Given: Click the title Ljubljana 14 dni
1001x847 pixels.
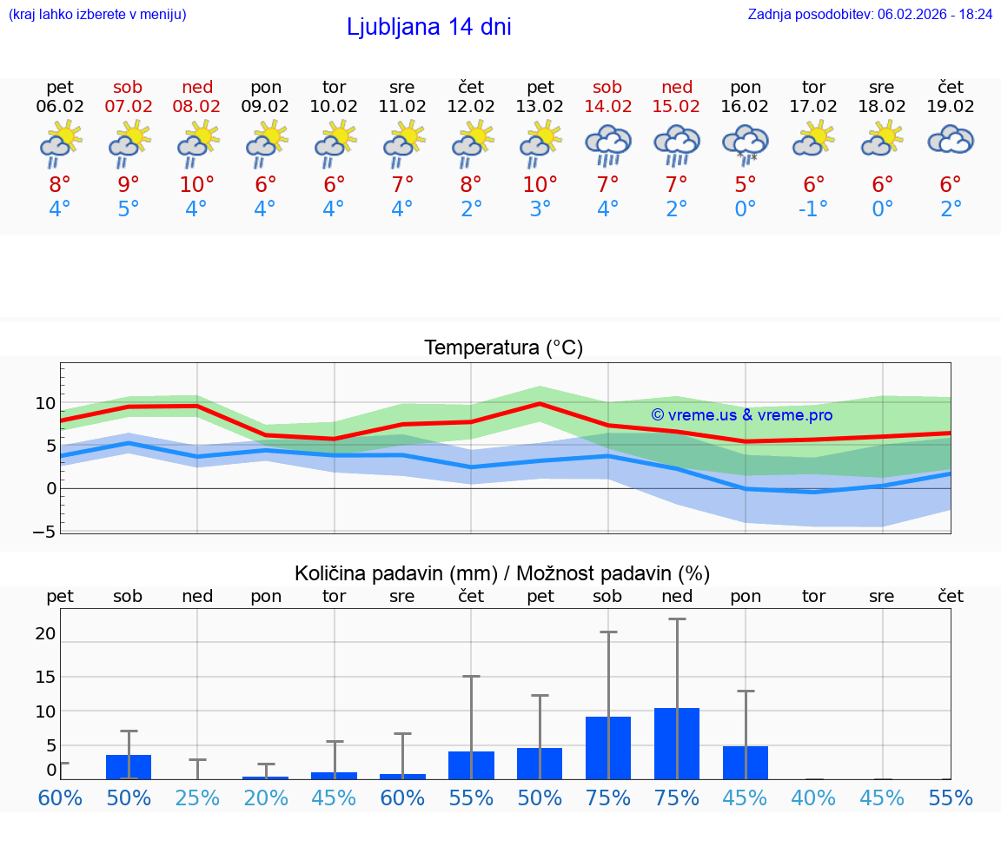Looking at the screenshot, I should coord(428,27).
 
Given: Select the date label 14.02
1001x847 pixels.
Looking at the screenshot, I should coord(607,106).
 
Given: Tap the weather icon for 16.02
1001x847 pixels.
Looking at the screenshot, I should coord(745,144).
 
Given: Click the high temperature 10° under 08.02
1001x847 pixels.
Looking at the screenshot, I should coord(197,185).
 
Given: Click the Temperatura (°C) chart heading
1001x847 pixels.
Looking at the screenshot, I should coord(503,348).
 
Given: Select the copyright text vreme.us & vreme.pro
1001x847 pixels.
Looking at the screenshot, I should coord(742,415).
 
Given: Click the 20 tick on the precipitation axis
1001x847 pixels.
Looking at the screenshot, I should coord(45,634).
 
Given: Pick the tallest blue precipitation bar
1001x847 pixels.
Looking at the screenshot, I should coord(676,743).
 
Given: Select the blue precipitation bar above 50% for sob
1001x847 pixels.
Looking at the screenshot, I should coord(129,766).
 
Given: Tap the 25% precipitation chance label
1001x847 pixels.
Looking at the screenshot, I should coord(197,798).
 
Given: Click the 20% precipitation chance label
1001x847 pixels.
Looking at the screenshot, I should coord(266,798).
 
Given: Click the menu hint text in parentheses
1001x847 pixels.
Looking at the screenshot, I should coord(97,14).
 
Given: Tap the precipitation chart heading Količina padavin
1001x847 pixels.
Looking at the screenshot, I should coord(502,573).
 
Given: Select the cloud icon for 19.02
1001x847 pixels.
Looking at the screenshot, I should coord(951,140).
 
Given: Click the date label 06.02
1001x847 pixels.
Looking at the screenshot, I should coord(60,106).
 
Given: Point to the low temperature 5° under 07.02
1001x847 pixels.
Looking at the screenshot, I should coord(129,209).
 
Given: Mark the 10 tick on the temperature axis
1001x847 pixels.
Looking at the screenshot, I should coord(45,403).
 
